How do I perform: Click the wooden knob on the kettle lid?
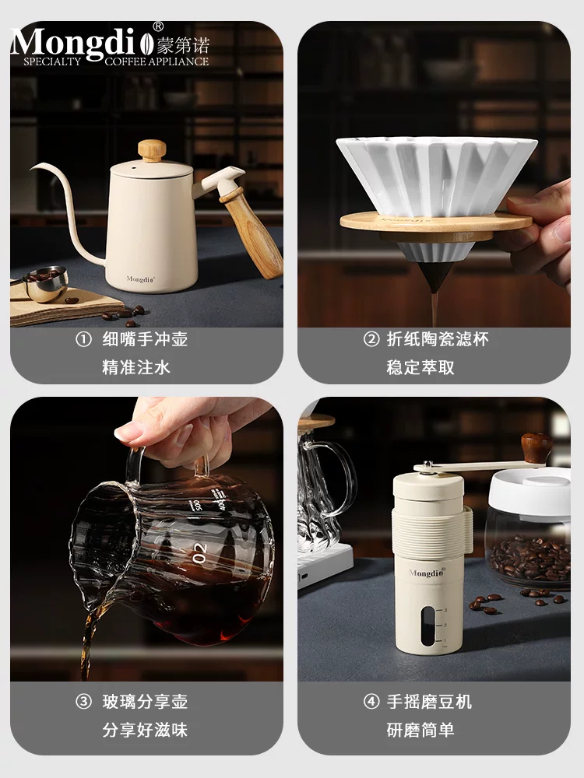152,149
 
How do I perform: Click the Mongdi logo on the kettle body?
141,278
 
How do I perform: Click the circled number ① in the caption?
83,340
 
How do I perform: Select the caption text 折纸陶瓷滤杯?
438,340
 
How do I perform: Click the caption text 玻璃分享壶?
145,702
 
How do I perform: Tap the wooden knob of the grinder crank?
537,447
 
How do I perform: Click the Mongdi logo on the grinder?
425,573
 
